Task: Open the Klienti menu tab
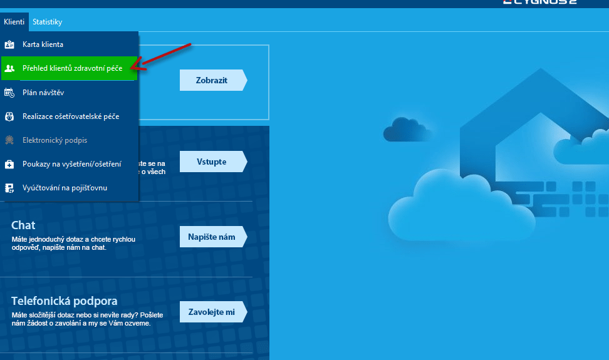(x=14, y=22)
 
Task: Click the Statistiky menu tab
(x=48, y=22)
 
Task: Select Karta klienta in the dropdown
(x=43, y=45)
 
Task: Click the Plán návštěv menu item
(x=43, y=93)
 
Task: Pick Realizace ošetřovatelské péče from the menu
(x=71, y=116)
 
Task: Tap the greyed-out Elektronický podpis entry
(x=55, y=140)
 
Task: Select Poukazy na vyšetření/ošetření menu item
(x=71, y=164)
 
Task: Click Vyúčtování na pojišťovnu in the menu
(x=65, y=188)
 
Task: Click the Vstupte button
(x=212, y=162)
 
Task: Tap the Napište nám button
(x=212, y=237)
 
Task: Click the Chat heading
(x=23, y=225)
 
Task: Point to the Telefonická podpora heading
(x=64, y=301)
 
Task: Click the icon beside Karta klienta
(x=9, y=45)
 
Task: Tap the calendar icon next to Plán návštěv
(x=9, y=93)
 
